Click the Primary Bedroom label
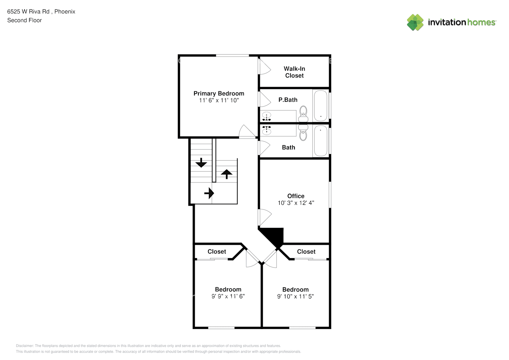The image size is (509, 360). pos(219,94)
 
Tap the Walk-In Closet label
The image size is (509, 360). pos(294,72)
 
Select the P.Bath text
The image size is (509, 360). pos(288,100)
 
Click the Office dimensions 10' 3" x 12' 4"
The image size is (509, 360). pos(296,203)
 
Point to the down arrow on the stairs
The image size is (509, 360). pos(201,163)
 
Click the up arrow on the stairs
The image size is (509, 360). pos(226,174)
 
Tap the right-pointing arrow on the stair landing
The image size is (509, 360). pos(209,193)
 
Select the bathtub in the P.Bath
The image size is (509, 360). pos(320,105)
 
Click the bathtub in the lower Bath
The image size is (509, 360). pos(320,141)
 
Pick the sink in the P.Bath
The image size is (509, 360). pos(266,116)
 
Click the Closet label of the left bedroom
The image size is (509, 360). pos(217,252)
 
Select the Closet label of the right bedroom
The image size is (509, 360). pos(306,252)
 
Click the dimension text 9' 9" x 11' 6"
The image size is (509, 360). pos(228,296)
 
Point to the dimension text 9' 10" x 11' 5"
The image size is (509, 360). pos(295,297)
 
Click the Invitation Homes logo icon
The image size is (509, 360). pos(415,22)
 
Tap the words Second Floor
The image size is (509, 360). pos(24,21)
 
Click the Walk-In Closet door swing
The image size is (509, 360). pos(265,67)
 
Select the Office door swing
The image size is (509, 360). pos(265,217)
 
